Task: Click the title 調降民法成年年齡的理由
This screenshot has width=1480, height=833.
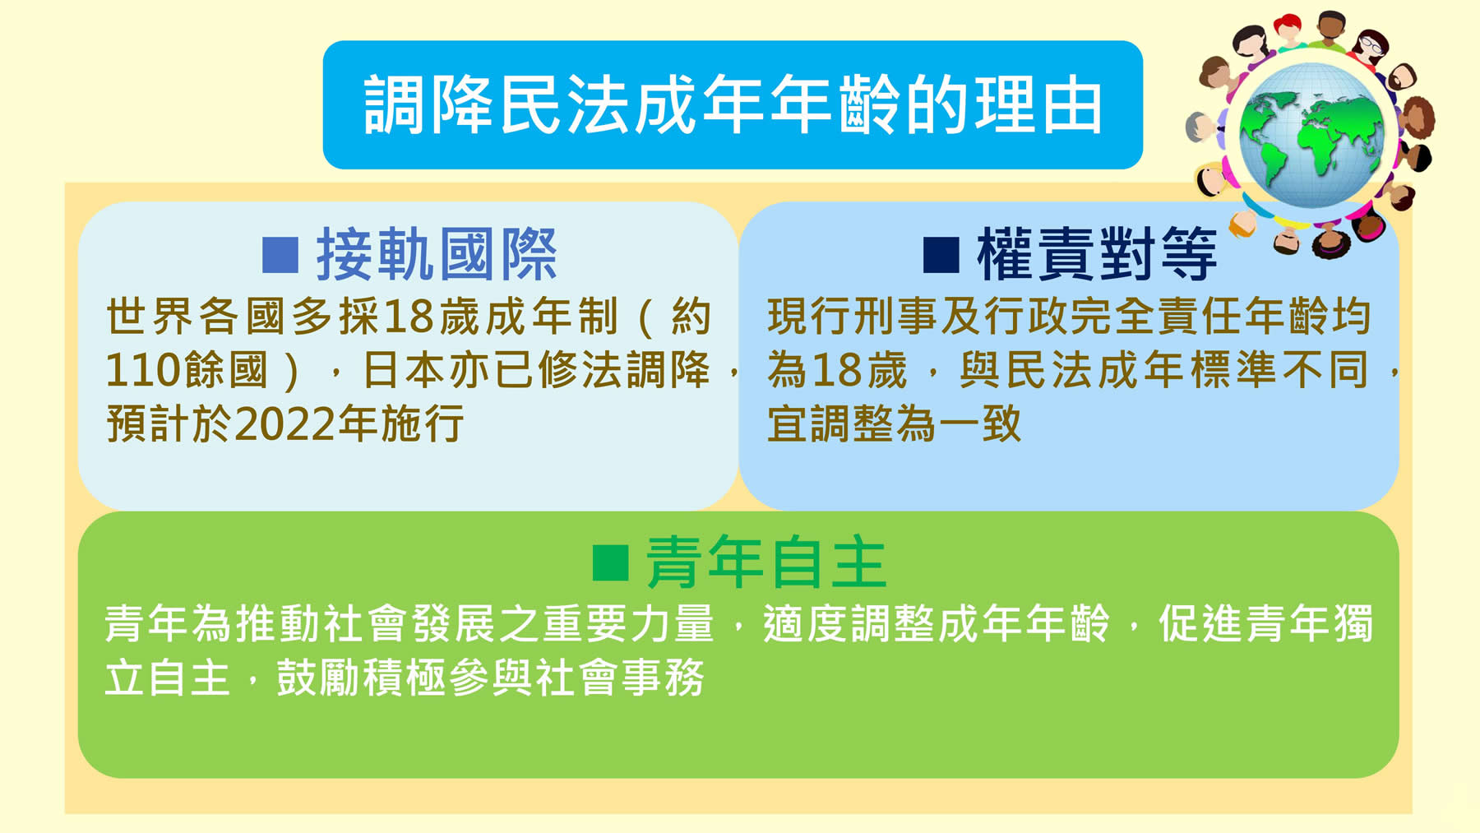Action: point(733,104)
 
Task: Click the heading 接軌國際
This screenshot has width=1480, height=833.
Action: point(437,255)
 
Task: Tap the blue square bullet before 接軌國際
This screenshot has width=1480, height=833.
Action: point(280,255)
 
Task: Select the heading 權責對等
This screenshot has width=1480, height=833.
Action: point(1097,255)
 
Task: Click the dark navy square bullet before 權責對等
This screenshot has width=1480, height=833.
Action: point(941,255)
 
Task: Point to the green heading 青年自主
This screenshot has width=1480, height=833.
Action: point(766,562)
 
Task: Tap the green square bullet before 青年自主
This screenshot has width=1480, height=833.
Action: point(611,562)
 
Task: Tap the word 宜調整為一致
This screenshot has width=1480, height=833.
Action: point(895,424)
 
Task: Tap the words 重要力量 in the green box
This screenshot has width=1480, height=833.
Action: point(629,624)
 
